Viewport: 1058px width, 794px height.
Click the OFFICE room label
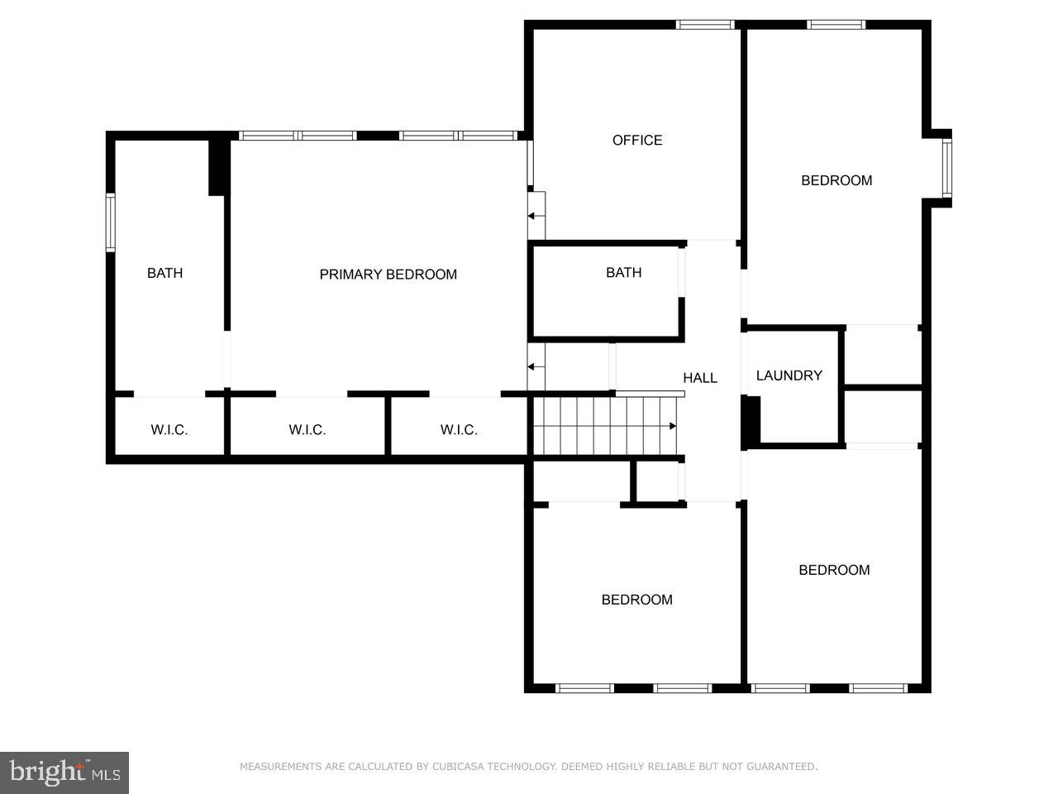pyautogui.click(x=636, y=141)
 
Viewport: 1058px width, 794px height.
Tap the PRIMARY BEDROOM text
pyautogui.click(x=388, y=275)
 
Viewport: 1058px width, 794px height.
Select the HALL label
pyautogui.click(x=699, y=378)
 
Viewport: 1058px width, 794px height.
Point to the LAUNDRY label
pyautogui.click(x=789, y=375)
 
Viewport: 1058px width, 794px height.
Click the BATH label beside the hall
pyautogui.click(x=623, y=273)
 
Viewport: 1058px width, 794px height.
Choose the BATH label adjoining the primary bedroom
pyautogui.click(x=164, y=273)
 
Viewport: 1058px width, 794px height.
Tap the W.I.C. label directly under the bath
pyautogui.click(x=169, y=430)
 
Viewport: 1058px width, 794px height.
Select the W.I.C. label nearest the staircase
pyautogui.click(x=458, y=430)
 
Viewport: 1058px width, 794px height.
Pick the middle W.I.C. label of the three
pyautogui.click(x=307, y=430)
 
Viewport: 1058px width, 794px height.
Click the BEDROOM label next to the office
pyautogui.click(x=836, y=180)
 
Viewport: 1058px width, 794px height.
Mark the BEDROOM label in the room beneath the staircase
pyautogui.click(x=636, y=600)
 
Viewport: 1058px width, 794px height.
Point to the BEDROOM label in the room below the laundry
pyautogui.click(x=833, y=570)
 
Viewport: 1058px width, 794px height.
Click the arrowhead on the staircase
pyautogui.click(x=673, y=426)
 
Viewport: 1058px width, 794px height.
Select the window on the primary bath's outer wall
pyautogui.click(x=110, y=222)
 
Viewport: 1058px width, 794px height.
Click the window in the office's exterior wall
pyautogui.click(x=705, y=25)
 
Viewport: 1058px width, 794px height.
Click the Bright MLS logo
pyautogui.click(x=64, y=772)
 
